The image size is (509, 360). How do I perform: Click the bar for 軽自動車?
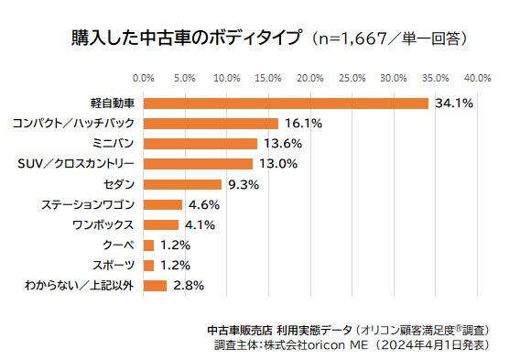coord(286,103)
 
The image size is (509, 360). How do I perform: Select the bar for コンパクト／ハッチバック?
coord(211,123)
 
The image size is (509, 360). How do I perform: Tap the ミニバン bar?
coord(200,143)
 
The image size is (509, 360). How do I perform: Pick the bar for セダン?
coord(182,184)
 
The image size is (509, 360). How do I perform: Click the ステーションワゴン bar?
coord(163,204)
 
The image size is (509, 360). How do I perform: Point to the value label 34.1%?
coord(454,103)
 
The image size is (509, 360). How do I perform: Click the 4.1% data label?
coord(200,224)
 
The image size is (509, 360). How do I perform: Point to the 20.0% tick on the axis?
coord(309,77)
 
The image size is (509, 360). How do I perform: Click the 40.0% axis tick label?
coord(477,77)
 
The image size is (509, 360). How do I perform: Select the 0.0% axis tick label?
coord(144,77)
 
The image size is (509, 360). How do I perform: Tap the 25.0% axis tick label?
coord(352,77)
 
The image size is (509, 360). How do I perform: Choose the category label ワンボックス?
coord(103,224)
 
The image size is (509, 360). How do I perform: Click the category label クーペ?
coord(117,245)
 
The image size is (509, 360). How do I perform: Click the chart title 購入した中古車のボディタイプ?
coord(188,39)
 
